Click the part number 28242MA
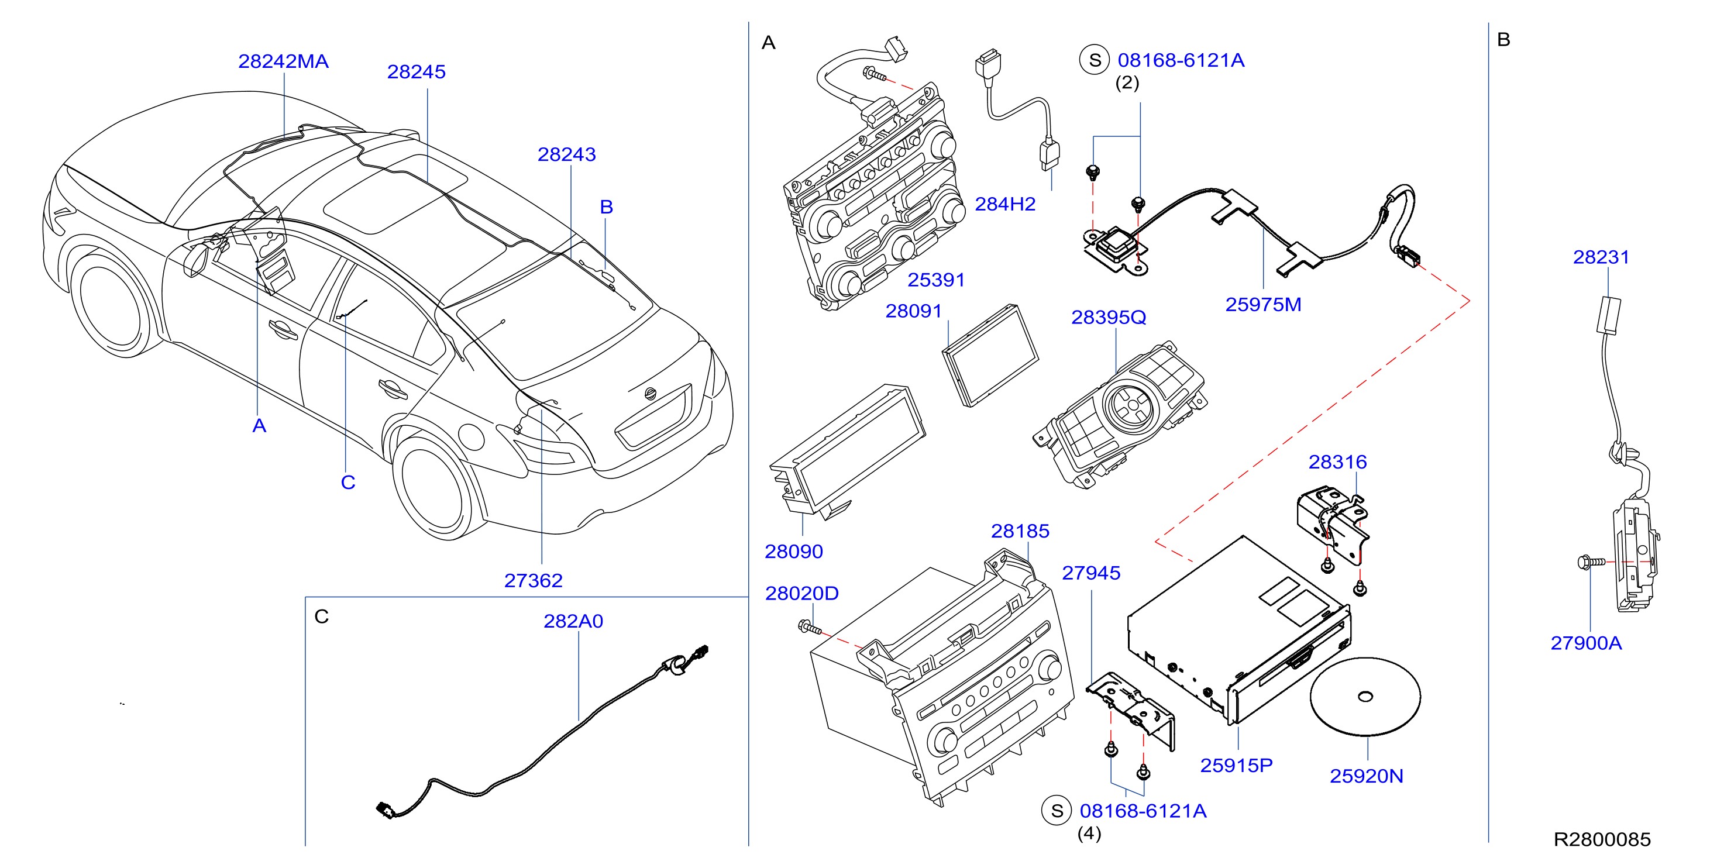coord(283,61)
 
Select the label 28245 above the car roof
coord(417,72)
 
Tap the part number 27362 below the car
coord(533,581)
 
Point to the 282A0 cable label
coord(573,621)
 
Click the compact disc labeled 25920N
coord(1365,697)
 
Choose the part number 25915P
coord(1237,765)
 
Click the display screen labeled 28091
coord(990,356)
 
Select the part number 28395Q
coord(1109,318)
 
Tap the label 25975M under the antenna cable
coord(1263,305)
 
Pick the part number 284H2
coord(1005,204)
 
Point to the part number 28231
coord(1601,257)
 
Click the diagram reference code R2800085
coord(1602,839)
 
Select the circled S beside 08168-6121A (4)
coord(1057,811)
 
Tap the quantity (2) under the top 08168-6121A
coord(1127,82)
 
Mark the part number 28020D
coord(802,593)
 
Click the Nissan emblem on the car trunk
coord(651,393)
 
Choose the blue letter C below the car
coord(348,483)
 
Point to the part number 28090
coord(794,552)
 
